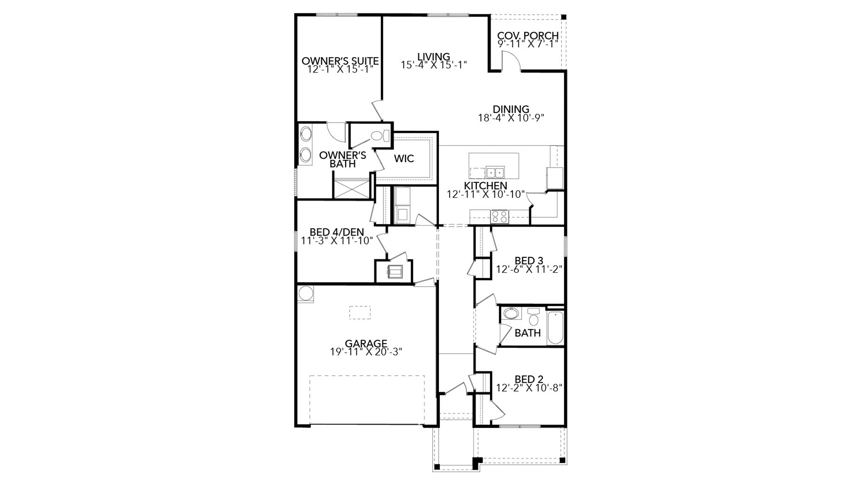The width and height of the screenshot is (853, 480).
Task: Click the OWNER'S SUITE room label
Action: [340, 61]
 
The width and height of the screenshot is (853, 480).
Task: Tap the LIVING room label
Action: [434, 57]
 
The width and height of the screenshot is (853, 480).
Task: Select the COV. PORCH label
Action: [528, 36]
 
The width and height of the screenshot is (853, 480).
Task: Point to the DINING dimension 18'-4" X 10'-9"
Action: [511, 118]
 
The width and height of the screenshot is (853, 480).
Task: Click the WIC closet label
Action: [404, 158]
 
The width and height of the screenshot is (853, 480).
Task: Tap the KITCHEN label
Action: [486, 185]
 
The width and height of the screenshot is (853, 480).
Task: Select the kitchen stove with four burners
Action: [499, 216]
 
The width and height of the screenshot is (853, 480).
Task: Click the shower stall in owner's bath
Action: [352, 188]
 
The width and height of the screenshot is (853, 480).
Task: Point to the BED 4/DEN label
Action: [336, 232]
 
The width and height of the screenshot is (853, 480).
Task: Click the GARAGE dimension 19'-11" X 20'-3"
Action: [366, 352]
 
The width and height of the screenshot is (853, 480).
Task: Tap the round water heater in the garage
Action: [305, 293]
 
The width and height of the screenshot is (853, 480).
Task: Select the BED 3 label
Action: [529, 260]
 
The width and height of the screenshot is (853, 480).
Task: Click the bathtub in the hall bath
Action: [555, 328]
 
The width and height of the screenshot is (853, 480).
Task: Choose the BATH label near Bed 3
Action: [527, 333]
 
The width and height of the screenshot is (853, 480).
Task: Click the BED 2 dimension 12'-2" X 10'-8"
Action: [529, 388]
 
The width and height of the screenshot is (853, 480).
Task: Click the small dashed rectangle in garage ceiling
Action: [360, 312]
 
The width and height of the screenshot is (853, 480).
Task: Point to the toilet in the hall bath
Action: [534, 318]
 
